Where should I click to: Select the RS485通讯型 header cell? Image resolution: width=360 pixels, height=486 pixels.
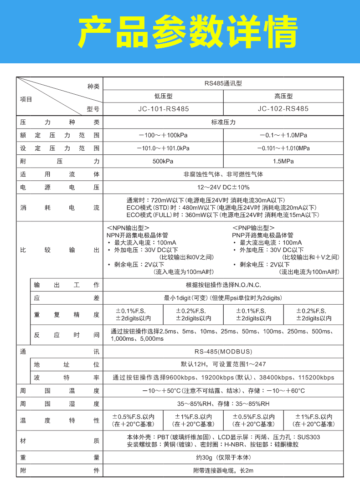tap(223, 84)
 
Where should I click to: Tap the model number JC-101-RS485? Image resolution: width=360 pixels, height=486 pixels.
tap(163, 109)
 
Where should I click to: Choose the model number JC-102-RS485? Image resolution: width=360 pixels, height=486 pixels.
tap(283, 109)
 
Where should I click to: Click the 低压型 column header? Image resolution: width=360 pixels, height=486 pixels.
tap(163, 97)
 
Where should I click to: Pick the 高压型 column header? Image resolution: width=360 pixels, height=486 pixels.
tap(283, 97)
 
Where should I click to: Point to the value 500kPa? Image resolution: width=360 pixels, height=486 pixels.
tap(163, 161)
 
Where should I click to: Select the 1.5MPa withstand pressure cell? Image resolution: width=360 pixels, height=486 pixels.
tap(283, 161)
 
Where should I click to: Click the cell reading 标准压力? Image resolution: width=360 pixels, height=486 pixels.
tap(223, 123)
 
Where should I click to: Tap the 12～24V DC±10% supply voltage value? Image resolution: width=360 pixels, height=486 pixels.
tap(223, 187)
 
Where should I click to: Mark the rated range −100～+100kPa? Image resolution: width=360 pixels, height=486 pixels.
tap(163, 135)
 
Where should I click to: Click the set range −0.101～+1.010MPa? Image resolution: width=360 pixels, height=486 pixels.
tap(283, 148)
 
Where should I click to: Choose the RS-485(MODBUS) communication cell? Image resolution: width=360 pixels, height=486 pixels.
tap(223, 352)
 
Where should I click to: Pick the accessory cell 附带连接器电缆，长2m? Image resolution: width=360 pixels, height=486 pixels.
tap(223, 471)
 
